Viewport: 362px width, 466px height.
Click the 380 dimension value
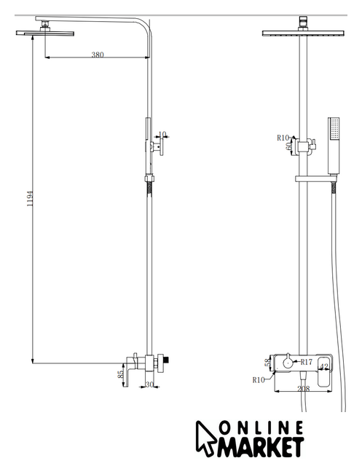click(98, 55)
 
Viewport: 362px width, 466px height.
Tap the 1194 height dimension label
click(30, 199)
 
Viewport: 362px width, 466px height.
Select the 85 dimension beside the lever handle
click(121, 374)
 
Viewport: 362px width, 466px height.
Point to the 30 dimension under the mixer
click(149, 384)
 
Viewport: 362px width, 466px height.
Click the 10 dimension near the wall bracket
click(162, 134)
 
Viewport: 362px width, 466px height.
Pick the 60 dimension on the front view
click(288, 147)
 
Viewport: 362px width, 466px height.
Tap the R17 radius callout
click(307, 362)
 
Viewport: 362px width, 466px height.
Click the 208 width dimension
click(304, 389)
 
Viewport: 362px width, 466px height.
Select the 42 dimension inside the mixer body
click(325, 367)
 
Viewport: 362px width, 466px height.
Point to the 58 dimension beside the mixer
click(268, 363)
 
